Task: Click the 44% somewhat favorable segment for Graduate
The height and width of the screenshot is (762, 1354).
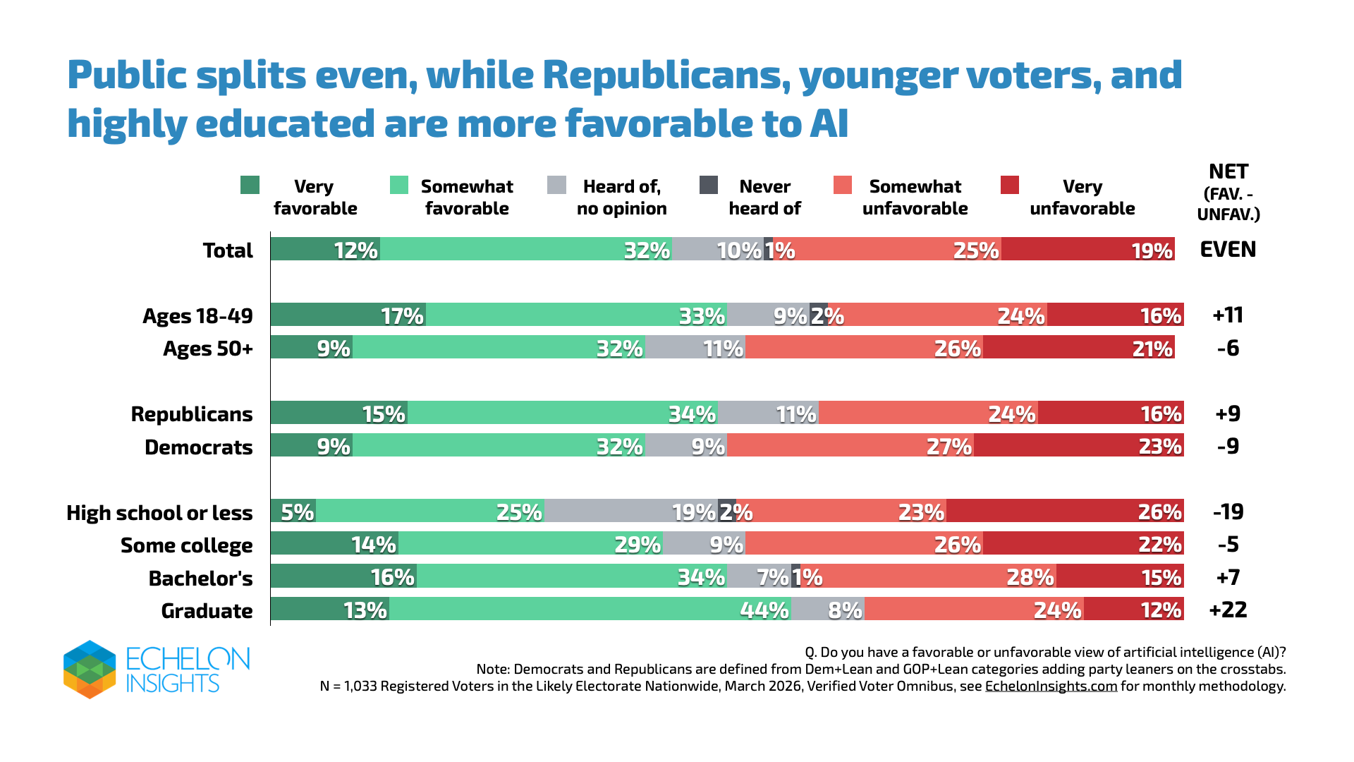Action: coord(590,609)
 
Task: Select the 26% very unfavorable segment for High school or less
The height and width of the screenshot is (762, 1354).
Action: coord(1065,511)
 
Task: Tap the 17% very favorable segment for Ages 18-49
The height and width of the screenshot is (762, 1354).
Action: coord(348,315)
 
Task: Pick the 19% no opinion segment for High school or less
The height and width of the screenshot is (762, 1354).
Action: coord(631,511)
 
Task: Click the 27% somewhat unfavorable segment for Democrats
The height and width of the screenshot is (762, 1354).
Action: coord(850,445)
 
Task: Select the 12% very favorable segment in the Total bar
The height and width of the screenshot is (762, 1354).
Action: coord(325,249)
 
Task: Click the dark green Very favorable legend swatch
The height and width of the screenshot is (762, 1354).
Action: coord(250,185)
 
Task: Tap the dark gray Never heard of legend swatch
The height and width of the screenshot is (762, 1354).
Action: coord(709,185)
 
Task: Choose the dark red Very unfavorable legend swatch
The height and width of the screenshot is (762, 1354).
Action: coord(1010,185)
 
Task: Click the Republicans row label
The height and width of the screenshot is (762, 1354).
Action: coord(192,414)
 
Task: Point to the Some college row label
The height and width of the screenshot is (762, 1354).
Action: coord(187,545)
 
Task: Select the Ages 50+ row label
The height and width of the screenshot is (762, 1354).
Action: coord(208,349)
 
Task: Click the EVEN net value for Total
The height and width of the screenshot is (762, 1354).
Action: coord(1228,249)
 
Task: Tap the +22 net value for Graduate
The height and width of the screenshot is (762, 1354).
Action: coord(1228,610)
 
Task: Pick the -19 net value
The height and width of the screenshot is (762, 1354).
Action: coord(1228,512)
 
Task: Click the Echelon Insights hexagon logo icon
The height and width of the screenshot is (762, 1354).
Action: coord(90,670)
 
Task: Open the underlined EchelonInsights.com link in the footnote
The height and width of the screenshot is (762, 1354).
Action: coord(1051,686)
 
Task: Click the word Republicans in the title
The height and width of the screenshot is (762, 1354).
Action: coord(666,75)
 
